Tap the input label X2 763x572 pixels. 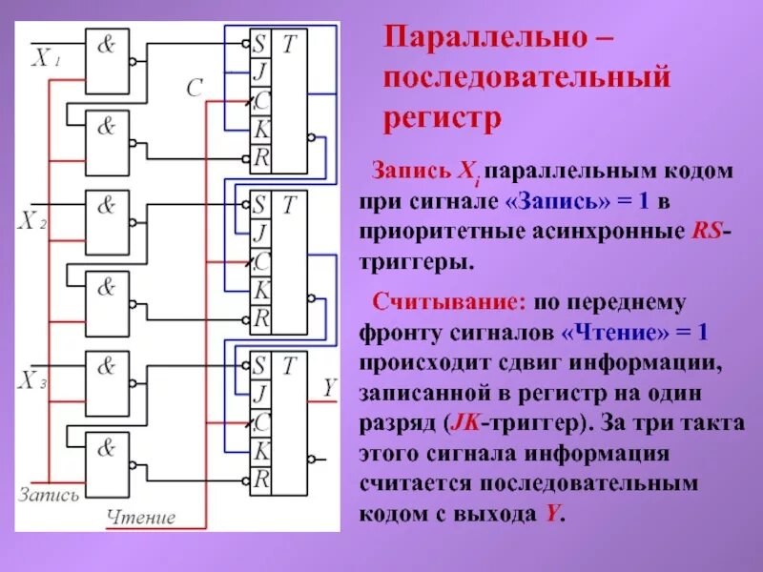point(33,221)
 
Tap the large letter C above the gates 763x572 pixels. point(194,89)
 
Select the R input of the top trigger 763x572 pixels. point(259,155)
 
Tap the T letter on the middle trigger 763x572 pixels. point(290,204)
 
